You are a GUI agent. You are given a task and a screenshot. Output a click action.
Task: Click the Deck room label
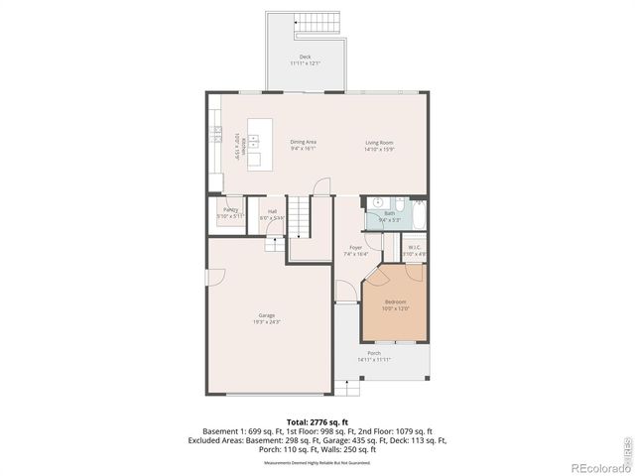tap(305, 59)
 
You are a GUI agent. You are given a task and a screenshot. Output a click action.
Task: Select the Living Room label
tap(377, 146)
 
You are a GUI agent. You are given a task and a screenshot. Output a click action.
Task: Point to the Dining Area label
tap(303, 145)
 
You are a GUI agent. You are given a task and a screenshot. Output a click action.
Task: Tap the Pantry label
tap(229, 212)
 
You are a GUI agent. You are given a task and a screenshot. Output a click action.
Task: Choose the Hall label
tap(272, 213)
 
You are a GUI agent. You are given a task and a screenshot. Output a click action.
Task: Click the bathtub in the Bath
tap(417, 214)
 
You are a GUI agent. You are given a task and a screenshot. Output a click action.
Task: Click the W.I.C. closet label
tap(414, 250)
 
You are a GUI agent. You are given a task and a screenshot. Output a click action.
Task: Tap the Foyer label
tap(354, 251)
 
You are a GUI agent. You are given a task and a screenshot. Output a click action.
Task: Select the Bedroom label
tap(395, 304)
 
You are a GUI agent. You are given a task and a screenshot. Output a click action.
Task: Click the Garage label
tap(267, 318)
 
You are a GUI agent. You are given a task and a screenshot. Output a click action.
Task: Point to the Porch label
tap(374, 355)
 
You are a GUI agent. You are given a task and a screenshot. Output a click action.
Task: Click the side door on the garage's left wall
tap(207, 283)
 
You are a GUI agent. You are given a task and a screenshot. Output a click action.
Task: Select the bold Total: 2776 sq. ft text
tap(317, 421)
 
